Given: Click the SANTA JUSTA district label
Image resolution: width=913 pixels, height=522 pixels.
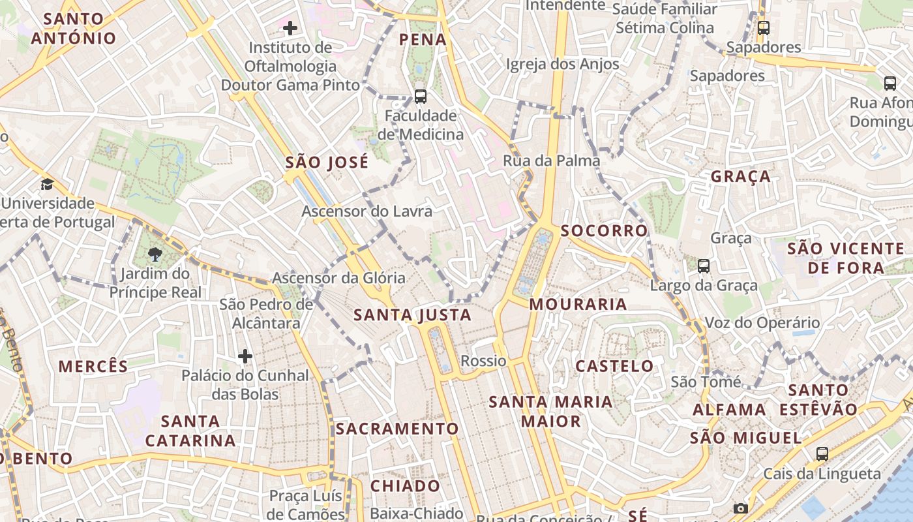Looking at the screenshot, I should pyautogui.click(x=412, y=315).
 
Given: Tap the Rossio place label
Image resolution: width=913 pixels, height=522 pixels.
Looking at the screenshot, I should pyautogui.click(x=483, y=361).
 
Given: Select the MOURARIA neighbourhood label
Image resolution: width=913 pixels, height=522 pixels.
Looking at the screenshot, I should pyautogui.click(x=578, y=304).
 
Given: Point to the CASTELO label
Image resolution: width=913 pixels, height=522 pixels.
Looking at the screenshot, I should pyautogui.click(x=614, y=366).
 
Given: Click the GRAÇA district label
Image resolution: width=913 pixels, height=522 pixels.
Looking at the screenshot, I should pyautogui.click(x=740, y=177).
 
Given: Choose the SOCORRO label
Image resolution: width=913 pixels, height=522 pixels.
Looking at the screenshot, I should pyautogui.click(x=604, y=231).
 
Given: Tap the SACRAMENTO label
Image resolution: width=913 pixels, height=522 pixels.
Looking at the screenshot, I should pyautogui.click(x=397, y=429).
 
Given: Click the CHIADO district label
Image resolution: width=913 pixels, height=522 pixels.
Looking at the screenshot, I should pyautogui.click(x=405, y=486).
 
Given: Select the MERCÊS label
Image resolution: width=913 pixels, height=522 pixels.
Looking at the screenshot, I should pyautogui.click(x=93, y=367).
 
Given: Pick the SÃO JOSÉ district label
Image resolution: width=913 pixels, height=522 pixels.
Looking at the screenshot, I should pyautogui.click(x=327, y=162).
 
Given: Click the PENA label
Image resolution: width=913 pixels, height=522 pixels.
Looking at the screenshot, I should pyautogui.click(x=423, y=40).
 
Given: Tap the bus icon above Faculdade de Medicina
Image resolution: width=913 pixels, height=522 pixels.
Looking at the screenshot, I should pyautogui.click(x=421, y=97).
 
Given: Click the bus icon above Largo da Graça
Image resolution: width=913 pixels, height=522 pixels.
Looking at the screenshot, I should pyautogui.click(x=703, y=266).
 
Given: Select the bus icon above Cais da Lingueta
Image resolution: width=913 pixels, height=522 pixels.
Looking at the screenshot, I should pyautogui.click(x=822, y=453).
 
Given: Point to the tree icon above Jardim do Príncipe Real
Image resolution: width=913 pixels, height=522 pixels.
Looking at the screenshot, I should pyautogui.click(x=155, y=254).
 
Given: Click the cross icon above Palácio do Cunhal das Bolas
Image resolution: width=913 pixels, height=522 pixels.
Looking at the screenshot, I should pyautogui.click(x=245, y=356).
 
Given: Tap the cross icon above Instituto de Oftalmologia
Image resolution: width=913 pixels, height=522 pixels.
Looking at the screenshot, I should pyautogui.click(x=290, y=28).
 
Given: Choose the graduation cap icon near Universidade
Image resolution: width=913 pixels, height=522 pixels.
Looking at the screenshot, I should pyautogui.click(x=47, y=184).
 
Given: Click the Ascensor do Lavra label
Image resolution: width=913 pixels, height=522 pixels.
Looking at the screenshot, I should pyautogui.click(x=367, y=211).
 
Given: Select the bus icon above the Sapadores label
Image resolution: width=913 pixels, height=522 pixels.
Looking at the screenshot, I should pyautogui.click(x=763, y=28).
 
